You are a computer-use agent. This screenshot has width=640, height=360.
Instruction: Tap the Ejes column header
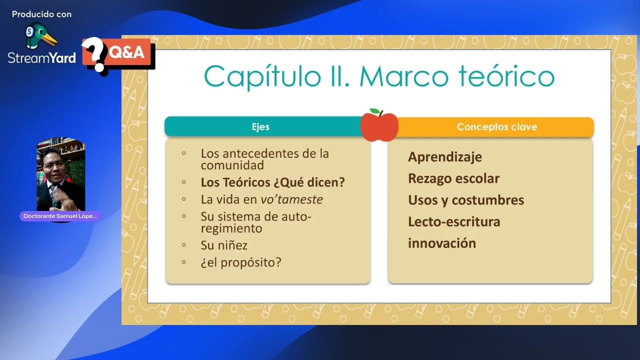(260, 127)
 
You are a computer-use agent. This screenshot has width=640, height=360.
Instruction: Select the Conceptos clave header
(496, 127)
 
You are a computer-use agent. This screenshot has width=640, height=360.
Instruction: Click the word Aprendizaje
(444, 157)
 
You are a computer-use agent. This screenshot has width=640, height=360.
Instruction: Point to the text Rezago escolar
(453, 178)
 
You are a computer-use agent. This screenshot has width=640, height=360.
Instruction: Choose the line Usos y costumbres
(466, 200)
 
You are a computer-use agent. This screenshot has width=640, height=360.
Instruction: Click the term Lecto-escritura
(453, 221)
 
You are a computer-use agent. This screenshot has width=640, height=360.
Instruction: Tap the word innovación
(441, 243)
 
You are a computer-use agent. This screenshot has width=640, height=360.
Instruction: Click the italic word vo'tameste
(291, 199)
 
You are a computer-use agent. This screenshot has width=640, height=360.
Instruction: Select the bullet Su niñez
(224, 245)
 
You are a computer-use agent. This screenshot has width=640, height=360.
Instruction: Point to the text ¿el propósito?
(241, 262)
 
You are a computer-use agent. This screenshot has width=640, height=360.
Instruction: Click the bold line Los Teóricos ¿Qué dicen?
(272, 182)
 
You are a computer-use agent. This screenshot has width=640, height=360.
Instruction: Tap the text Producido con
(41, 14)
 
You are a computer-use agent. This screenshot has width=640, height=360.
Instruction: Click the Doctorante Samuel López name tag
(60, 216)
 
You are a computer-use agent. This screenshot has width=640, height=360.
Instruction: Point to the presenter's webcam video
(60, 175)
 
